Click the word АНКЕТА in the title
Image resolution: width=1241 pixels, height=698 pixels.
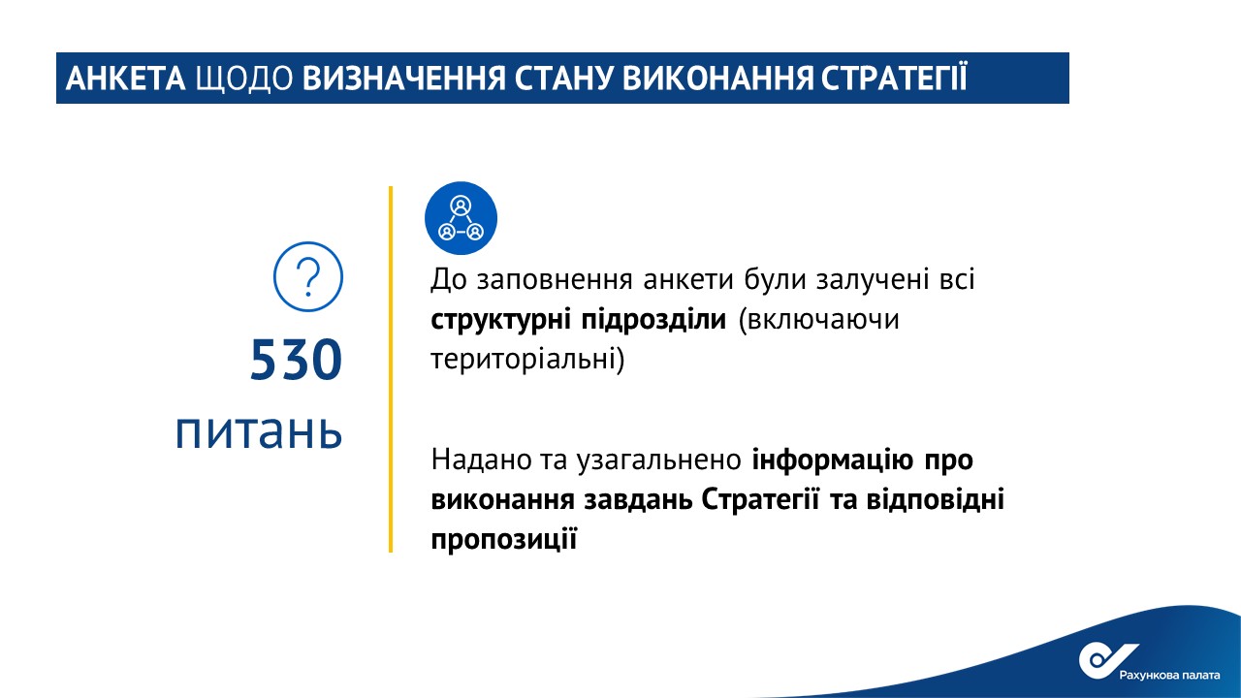125,79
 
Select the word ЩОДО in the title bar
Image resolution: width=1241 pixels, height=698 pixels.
243,79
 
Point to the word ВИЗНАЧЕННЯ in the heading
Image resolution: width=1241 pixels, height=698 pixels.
404,79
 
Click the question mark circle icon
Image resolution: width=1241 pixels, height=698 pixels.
308,276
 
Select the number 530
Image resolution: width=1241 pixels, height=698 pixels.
296,360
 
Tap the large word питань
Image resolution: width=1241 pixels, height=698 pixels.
259,431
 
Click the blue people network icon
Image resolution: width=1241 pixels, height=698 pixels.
461,218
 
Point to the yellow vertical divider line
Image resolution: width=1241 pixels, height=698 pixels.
391,369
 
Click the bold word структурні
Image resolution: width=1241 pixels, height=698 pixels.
500,320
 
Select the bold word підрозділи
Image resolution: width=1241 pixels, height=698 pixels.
653,320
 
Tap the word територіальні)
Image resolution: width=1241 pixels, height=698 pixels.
527,359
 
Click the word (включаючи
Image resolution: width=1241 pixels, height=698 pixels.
819,320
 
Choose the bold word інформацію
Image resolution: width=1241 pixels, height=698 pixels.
832,460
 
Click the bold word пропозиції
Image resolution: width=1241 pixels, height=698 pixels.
503,539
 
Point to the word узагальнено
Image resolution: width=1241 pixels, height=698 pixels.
658,460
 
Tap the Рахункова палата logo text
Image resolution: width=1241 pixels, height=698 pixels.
1169,676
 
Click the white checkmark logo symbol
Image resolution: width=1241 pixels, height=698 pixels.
1104,659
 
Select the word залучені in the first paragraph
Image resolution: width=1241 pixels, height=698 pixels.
873,279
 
